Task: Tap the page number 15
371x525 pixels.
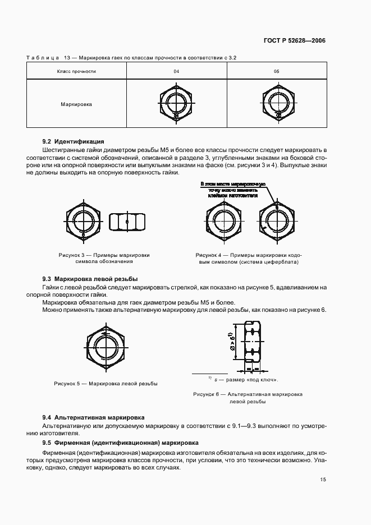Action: pyautogui.click(x=323, y=480)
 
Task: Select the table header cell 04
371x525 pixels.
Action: pyautogui.click(x=176, y=71)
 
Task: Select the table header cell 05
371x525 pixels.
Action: pyautogui.click(x=276, y=71)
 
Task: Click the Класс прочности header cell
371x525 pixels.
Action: pyautogui.click(x=77, y=71)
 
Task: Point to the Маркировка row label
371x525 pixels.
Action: pyautogui.click(x=77, y=104)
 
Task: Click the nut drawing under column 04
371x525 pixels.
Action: pyautogui.click(x=176, y=103)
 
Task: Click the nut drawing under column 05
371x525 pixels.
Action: pyautogui.click(x=276, y=103)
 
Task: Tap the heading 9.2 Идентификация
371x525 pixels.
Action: pyautogui.click(x=74, y=141)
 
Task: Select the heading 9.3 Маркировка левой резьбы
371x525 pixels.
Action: pyautogui.click(x=90, y=279)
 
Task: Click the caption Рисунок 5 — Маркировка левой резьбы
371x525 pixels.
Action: pyautogui.click(x=106, y=384)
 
